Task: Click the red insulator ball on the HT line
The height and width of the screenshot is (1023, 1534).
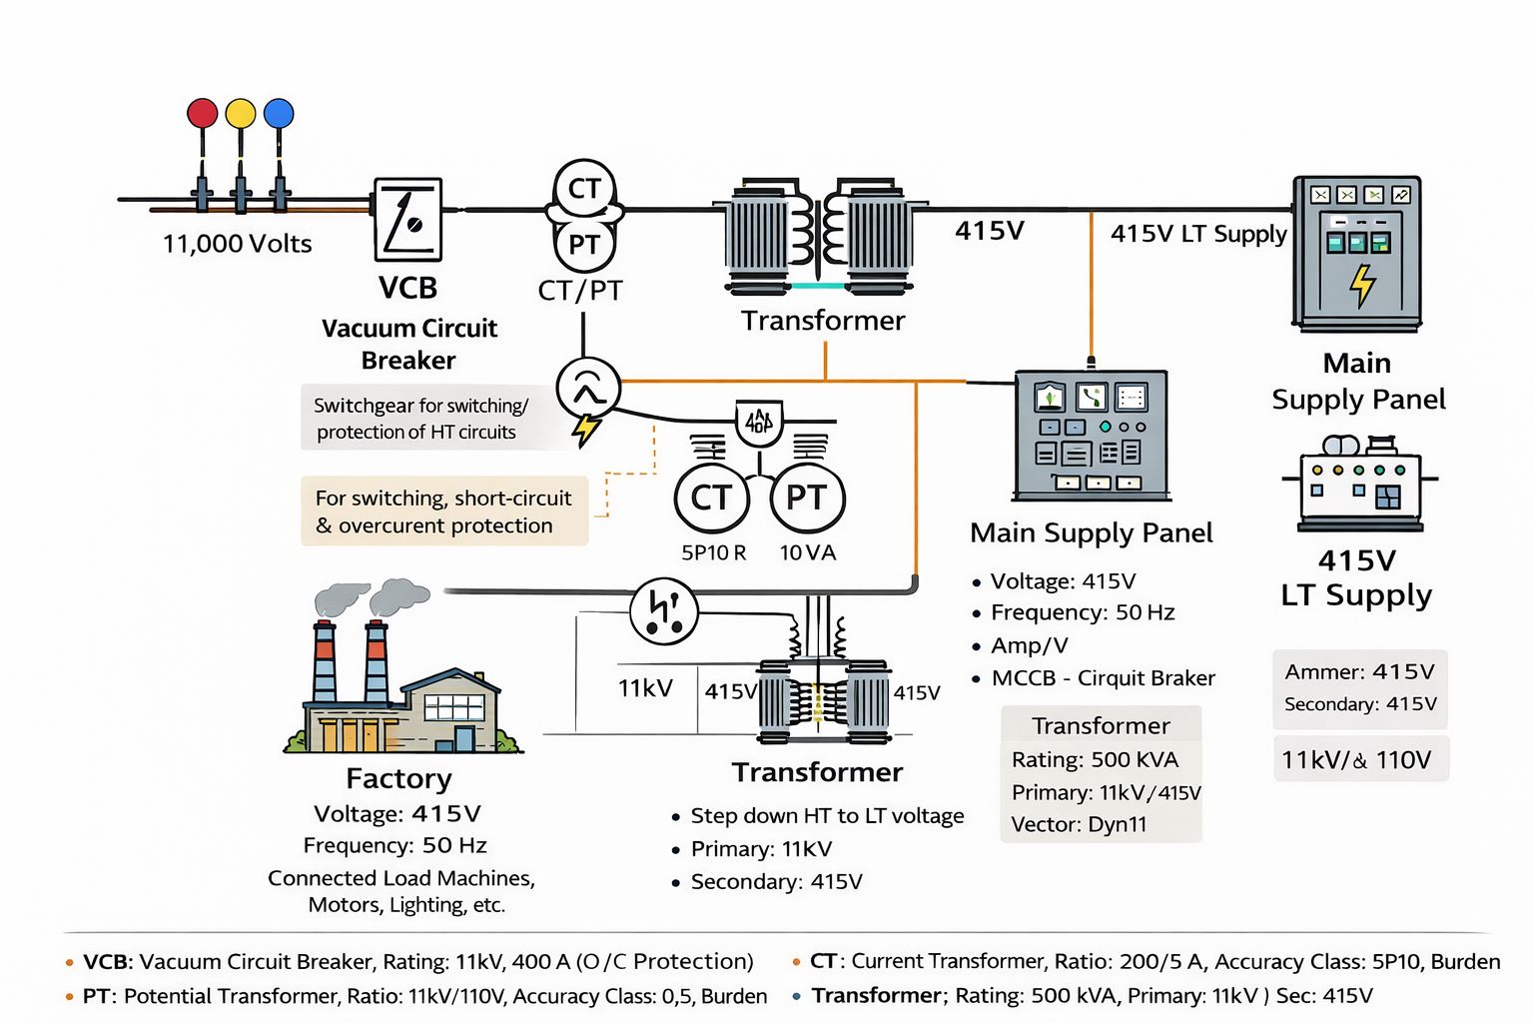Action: tap(203, 113)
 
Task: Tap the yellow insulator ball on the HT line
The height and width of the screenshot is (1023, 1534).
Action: tap(241, 113)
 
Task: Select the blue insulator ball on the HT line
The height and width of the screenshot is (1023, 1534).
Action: tap(279, 113)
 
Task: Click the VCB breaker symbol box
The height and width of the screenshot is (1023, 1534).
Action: tap(408, 220)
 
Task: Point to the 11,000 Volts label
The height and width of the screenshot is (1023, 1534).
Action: tap(238, 244)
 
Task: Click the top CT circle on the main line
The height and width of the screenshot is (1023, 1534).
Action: tap(584, 188)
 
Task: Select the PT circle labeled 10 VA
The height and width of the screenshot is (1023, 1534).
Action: tap(807, 498)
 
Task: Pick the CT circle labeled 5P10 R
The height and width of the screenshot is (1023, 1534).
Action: tap(711, 498)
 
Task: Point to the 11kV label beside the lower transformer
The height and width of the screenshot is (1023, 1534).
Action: tap(645, 688)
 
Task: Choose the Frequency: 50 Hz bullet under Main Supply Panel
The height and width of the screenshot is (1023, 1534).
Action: tap(1083, 612)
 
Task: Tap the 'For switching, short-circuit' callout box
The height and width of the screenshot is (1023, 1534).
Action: tap(444, 511)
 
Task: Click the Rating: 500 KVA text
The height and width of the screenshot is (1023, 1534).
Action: tap(1095, 759)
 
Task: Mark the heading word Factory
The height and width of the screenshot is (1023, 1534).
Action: tap(398, 778)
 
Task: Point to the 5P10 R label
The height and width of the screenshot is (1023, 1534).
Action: tap(713, 552)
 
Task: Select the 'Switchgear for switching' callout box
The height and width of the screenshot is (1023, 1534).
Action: tap(420, 419)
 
